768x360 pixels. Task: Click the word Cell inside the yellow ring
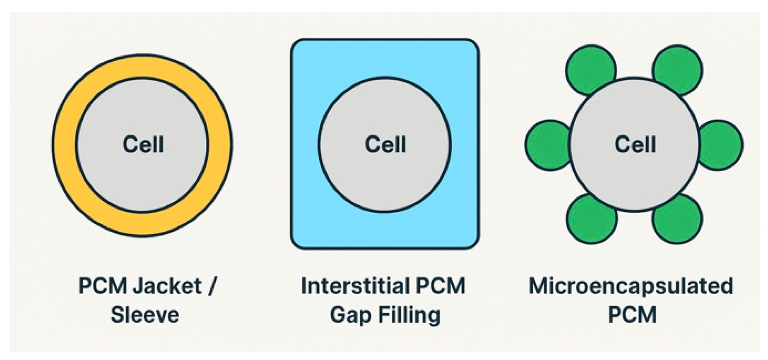click(x=143, y=144)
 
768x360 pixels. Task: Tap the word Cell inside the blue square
click(x=385, y=144)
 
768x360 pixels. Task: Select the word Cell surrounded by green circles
click(x=635, y=144)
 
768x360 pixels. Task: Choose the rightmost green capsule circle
click(x=722, y=145)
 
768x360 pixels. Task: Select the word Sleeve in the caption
click(x=145, y=315)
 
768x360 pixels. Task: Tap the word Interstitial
click(x=354, y=286)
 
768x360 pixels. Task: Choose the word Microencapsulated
click(x=631, y=286)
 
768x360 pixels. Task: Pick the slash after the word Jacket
click(x=212, y=286)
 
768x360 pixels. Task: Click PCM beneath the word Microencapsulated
click(x=632, y=315)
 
